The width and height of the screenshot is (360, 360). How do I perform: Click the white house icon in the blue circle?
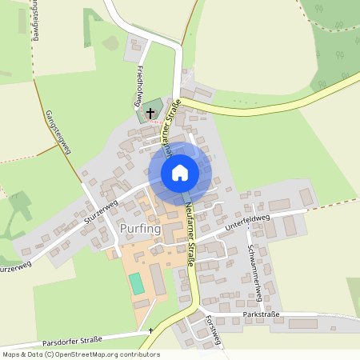point(180,172)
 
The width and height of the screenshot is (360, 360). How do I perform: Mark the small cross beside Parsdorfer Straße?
point(150,330)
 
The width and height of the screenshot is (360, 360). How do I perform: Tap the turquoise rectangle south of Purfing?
point(137,283)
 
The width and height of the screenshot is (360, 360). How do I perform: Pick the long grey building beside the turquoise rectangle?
point(157,281)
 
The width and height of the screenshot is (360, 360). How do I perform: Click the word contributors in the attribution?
point(138,354)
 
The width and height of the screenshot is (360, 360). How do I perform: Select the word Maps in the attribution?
point(10,354)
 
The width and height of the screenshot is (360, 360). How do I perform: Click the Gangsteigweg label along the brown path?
point(58,131)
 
